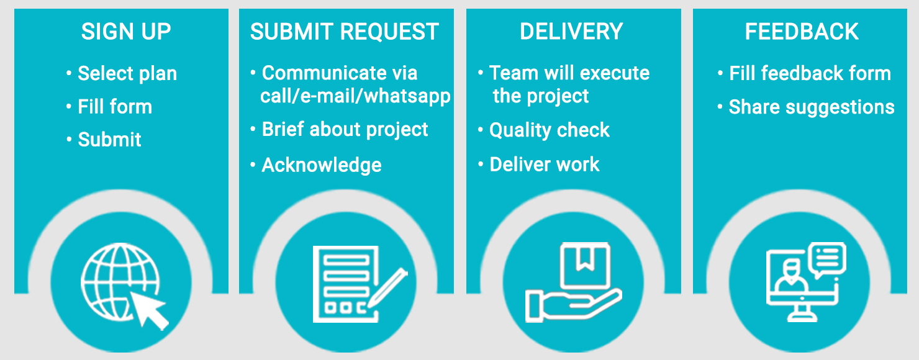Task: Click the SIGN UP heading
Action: [x=126, y=32]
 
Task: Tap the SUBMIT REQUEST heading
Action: [x=345, y=32]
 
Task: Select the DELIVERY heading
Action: [x=571, y=32]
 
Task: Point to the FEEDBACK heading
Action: [x=802, y=32]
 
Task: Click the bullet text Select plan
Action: [x=127, y=74]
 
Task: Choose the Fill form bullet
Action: [x=115, y=107]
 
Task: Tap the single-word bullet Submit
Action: [x=110, y=140]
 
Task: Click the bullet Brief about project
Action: [x=345, y=129]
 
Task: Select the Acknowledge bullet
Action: [x=322, y=165]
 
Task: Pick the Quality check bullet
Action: [x=550, y=130]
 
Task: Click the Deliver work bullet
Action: [x=545, y=164]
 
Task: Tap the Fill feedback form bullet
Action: [x=810, y=74]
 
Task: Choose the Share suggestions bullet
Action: [x=812, y=107]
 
